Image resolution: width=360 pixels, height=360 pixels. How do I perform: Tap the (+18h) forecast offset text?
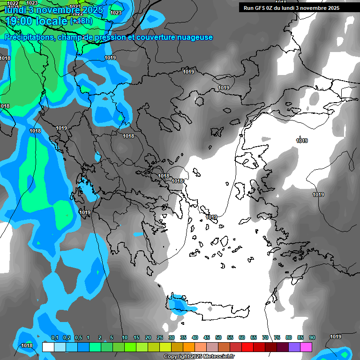coord(81,21)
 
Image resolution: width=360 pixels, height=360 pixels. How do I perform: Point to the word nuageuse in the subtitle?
coord(195,37)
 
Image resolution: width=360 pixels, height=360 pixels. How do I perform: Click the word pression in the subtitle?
coord(106,37)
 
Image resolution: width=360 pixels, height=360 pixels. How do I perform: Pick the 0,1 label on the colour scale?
coord(54,337)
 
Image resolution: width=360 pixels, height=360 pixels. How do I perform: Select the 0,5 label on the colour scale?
coord(78,337)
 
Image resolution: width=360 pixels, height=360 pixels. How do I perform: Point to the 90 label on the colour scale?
coord(312,337)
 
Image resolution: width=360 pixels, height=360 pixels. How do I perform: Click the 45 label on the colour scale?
coord(207,337)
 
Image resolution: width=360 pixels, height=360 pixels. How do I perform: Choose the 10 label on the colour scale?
coord(125,337)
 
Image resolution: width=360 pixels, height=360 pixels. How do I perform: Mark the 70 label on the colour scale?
coord(265,337)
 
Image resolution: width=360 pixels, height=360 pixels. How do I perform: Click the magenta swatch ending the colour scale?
coord(306,347)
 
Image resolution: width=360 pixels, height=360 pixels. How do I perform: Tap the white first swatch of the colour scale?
coord(48,347)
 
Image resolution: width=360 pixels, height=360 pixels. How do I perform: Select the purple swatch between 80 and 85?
coord(294,347)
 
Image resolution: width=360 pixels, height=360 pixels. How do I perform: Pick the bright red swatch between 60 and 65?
coord(247,347)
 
